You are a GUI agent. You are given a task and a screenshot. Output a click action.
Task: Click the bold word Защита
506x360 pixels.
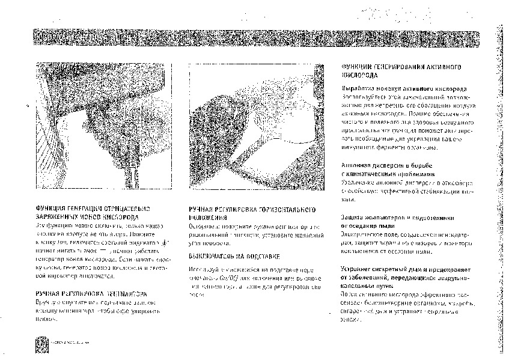pos(353,217)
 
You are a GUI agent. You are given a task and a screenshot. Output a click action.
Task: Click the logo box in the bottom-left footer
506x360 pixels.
pos(42,343)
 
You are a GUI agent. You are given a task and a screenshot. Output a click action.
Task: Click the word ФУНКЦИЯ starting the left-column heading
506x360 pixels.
pos(51,209)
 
